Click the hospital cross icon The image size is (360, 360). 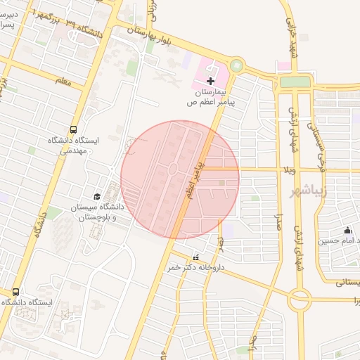(211, 82)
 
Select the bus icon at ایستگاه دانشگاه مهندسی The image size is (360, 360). (73, 129)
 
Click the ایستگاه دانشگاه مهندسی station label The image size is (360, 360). (73, 145)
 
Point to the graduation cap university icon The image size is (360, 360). (97, 196)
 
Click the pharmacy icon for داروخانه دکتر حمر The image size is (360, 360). (195, 257)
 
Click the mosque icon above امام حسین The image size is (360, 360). (347, 230)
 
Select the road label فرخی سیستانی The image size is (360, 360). (323, 147)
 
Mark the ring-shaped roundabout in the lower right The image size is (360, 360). (300, 300)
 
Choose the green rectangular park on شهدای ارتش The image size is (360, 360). (295, 82)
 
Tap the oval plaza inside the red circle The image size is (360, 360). (172, 169)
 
